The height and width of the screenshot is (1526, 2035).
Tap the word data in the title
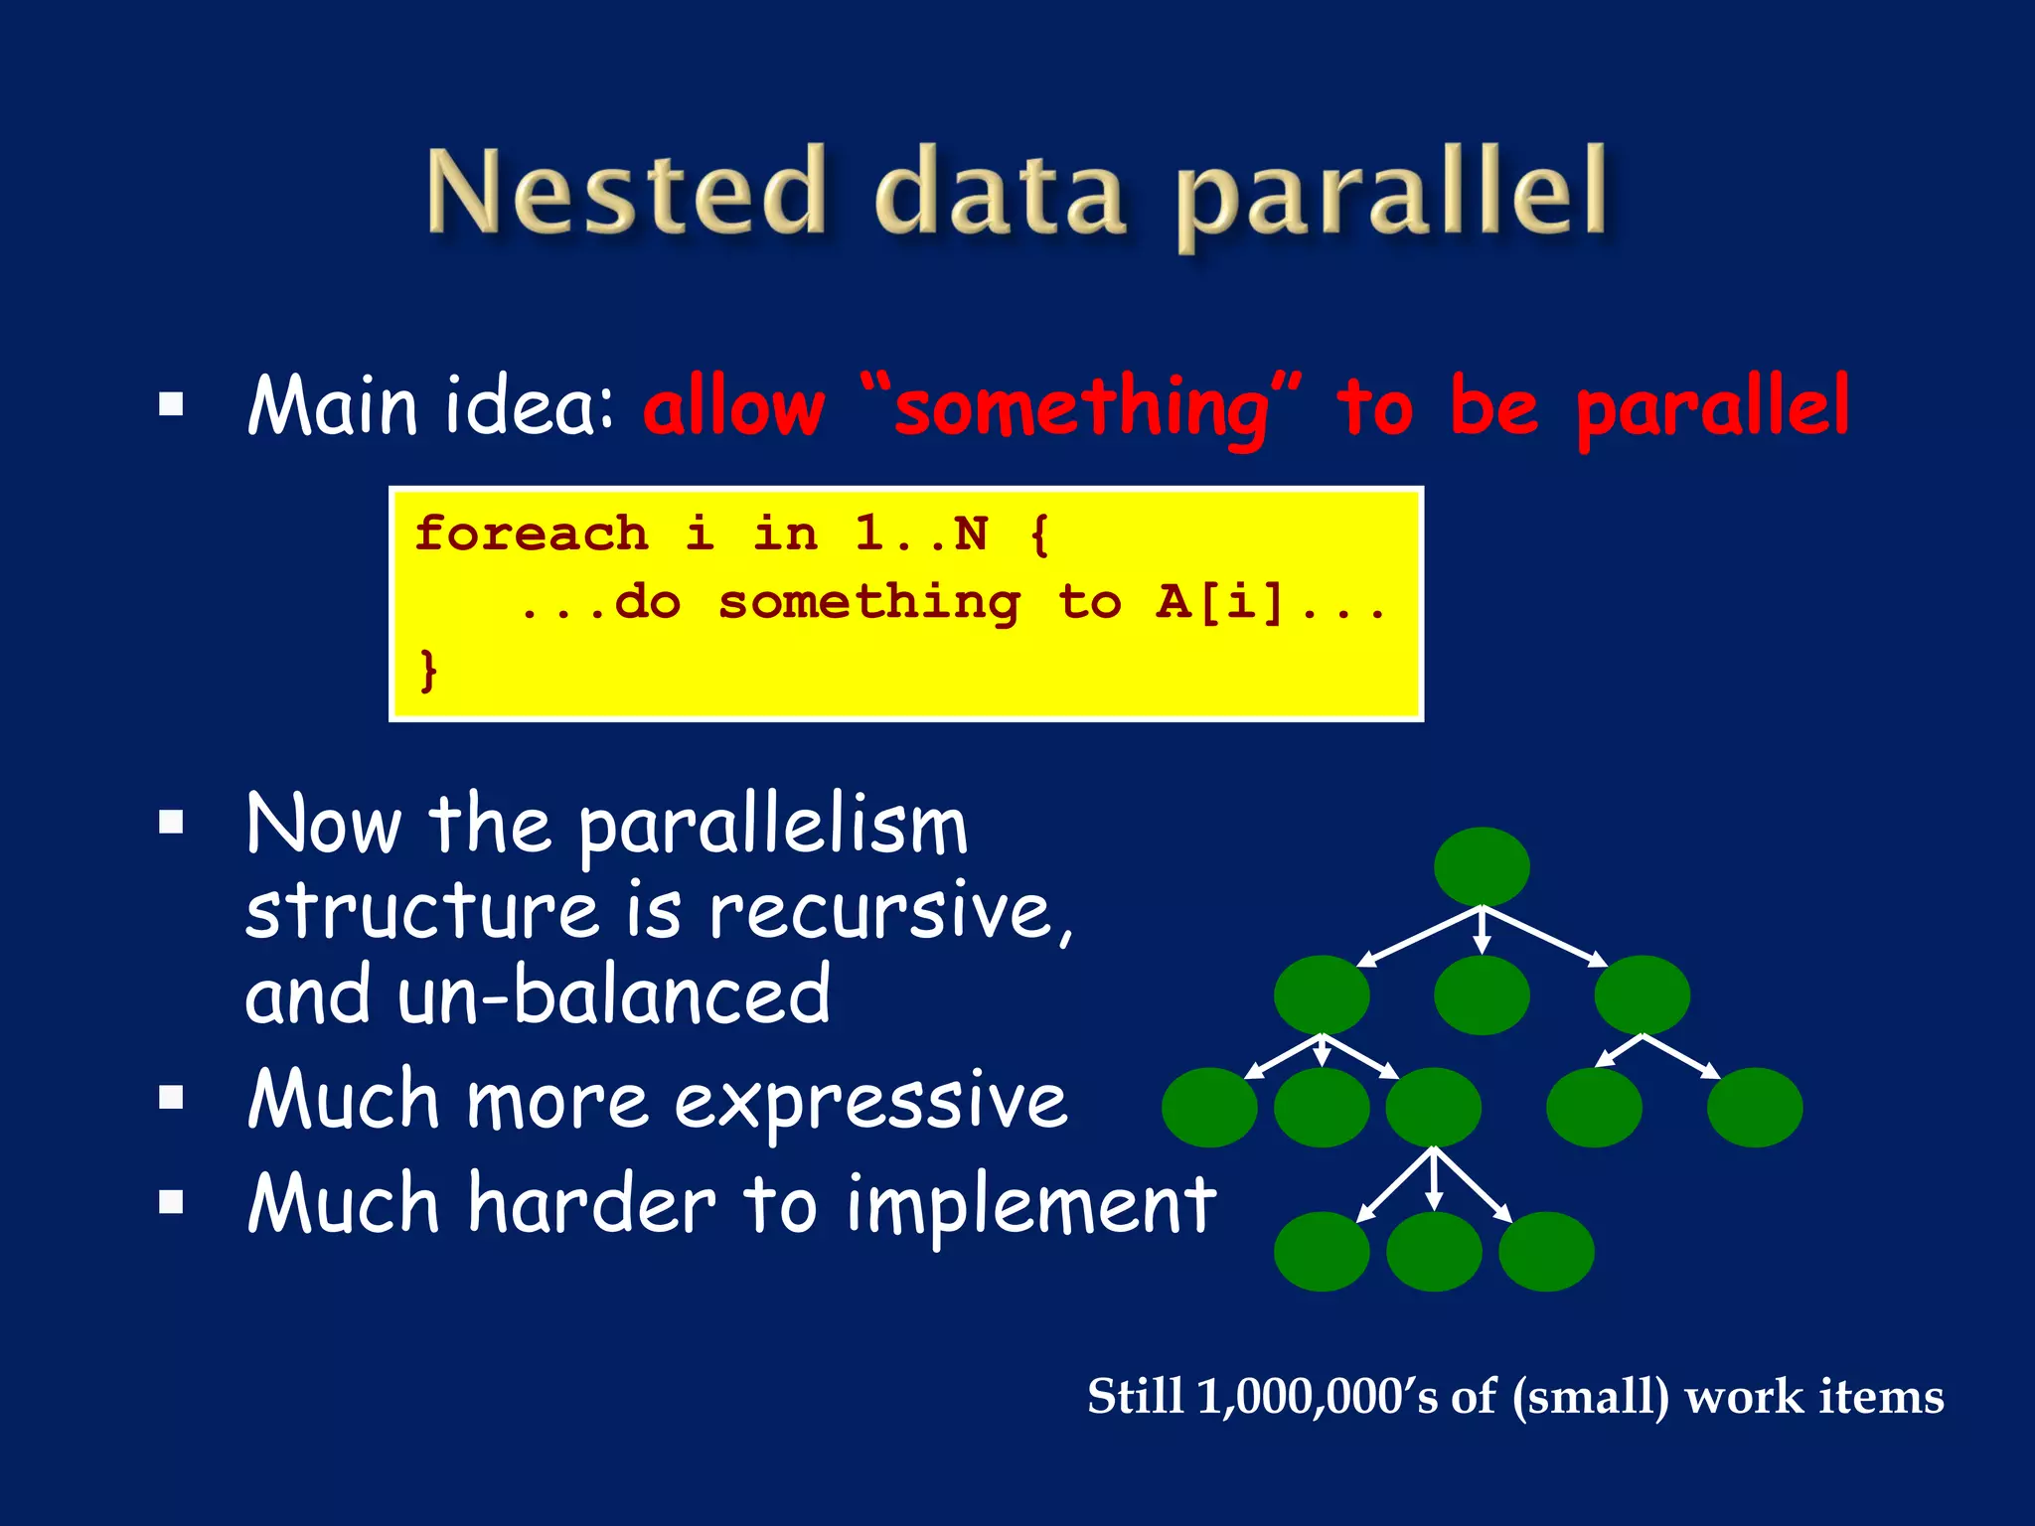[1000, 193]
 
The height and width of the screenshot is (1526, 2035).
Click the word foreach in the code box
[531, 534]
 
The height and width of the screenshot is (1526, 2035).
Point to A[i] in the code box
[1220, 602]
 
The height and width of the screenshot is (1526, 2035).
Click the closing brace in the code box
[428, 669]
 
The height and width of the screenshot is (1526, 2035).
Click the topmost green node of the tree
[1482, 866]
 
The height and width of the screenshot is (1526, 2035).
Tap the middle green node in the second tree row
[1482, 994]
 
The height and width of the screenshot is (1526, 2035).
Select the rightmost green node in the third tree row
[1755, 1107]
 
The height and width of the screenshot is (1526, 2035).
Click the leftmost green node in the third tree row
[1209, 1107]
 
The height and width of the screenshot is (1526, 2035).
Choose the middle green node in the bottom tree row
[1434, 1251]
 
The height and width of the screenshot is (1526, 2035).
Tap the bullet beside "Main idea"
[172, 404]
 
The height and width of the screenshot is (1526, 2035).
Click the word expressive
[870, 1101]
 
